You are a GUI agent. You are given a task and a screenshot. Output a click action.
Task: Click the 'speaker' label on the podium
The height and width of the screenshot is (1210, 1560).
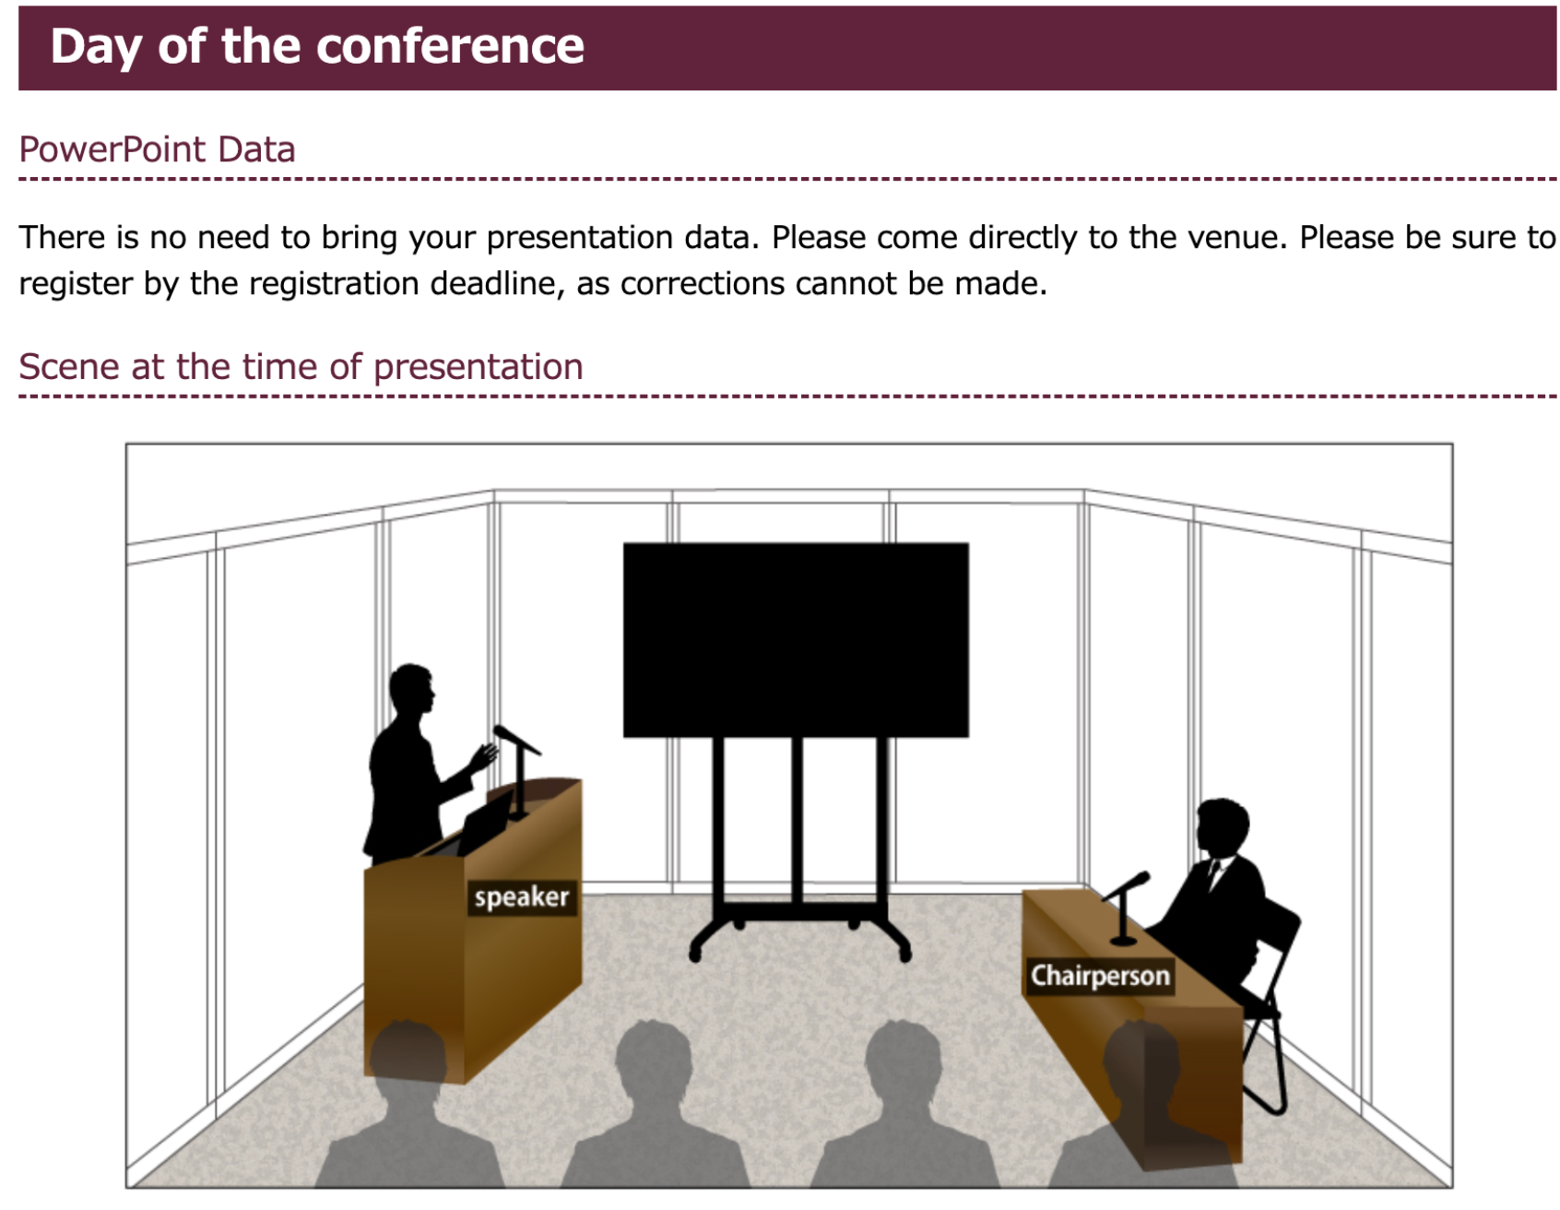(x=522, y=896)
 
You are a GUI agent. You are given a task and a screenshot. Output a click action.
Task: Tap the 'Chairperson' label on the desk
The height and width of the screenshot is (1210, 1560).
(x=1100, y=976)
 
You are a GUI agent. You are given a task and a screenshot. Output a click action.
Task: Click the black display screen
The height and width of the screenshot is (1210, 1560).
(x=796, y=640)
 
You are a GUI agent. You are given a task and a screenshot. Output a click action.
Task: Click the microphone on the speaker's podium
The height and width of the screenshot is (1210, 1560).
(x=516, y=738)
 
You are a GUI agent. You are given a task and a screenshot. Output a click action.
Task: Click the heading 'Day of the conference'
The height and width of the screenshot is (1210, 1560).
(x=317, y=46)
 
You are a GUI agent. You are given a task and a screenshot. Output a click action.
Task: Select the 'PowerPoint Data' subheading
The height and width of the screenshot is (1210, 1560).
(x=157, y=149)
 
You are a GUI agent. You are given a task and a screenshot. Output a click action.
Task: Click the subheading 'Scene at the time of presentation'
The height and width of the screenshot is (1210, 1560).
(x=301, y=367)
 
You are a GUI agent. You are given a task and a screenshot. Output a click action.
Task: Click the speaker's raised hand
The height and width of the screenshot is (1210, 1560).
(x=484, y=756)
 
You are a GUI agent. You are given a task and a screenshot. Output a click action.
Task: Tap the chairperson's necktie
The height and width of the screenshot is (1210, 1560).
(x=1215, y=872)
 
